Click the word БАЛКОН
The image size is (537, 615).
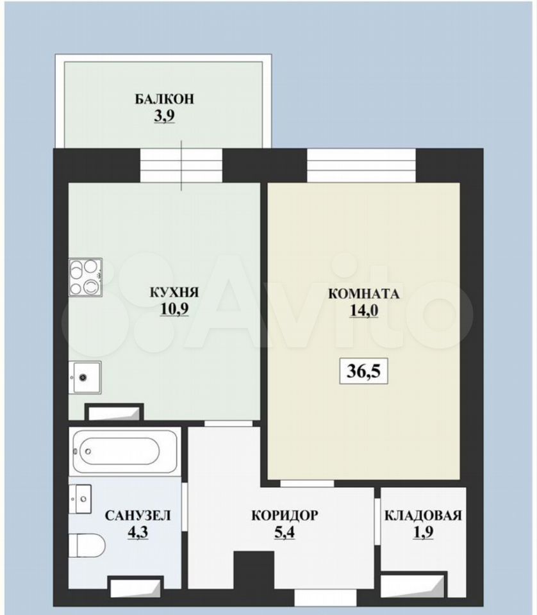[x=164, y=99]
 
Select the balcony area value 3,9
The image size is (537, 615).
[x=164, y=116]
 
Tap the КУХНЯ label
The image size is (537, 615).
[x=174, y=292]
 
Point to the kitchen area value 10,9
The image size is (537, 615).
[x=174, y=309]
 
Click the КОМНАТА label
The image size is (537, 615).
[x=363, y=294]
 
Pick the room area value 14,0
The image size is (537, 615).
[x=363, y=311]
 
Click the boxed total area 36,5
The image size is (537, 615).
[x=363, y=371]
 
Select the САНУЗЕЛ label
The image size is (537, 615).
[x=138, y=515]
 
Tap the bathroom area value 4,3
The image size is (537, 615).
[x=138, y=532]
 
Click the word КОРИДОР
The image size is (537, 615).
[x=285, y=515]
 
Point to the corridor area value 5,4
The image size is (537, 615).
[x=285, y=532]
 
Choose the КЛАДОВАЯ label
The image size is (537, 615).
[x=423, y=515]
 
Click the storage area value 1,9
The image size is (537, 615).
[x=423, y=532]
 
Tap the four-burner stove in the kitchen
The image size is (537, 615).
[x=85, y=277]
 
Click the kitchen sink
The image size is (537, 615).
[x=85, y=377]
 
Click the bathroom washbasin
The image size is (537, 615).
[x=80, y=499]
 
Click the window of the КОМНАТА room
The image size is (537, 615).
[x=361, y=165]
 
